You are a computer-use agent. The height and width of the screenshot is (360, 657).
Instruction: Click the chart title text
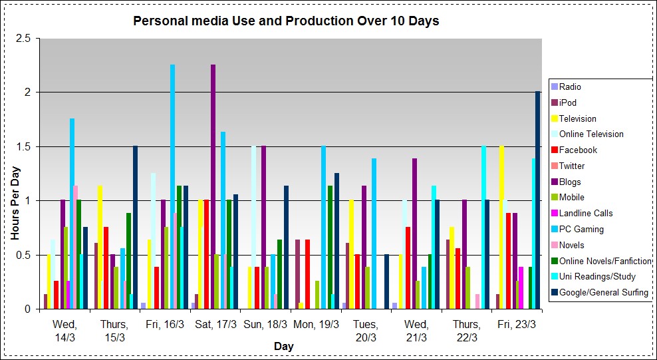click(286, 21)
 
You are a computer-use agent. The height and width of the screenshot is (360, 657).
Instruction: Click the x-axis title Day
click(283, 347)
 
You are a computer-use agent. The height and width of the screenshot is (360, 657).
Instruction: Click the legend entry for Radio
click(570, 87)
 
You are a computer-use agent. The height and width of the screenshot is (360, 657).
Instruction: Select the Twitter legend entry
click(572, 166)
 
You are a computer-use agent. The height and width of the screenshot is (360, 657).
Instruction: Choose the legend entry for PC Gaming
click(581, 229)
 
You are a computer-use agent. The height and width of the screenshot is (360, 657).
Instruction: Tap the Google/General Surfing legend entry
click(603, 292)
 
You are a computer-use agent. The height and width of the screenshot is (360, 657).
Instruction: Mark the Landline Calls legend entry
click(586, 213)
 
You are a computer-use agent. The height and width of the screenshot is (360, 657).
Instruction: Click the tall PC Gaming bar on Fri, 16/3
click(173, 186)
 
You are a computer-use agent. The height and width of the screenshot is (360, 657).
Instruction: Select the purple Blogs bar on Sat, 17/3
click(213, 186)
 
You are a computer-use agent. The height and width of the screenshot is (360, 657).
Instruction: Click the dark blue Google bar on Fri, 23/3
click(537, 200)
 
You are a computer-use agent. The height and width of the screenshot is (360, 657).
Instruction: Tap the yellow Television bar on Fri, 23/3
click(501, 227)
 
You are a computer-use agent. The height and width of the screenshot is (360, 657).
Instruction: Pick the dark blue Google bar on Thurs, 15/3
click(135, 227)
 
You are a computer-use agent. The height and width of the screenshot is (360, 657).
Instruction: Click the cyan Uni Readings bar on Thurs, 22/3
click(483, 227)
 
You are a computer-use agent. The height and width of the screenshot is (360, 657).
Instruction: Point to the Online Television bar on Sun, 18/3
click(253, 227)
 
